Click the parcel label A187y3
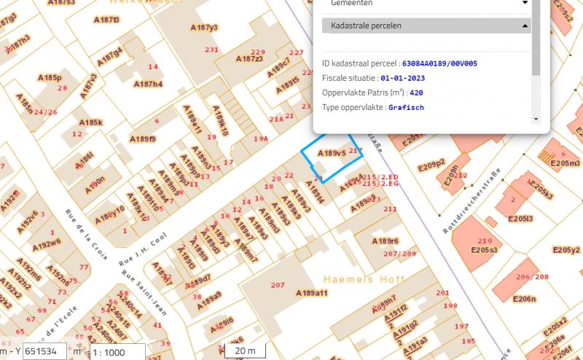pyautogui.click(x=204, y=28)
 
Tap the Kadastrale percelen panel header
pyautogui.click(x=426, y=26)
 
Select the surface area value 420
pyautogui.click(x=416, y=93)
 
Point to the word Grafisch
pyautogui.click(x=406, y=107)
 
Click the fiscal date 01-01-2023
pyautogui.click(x=402, y=78)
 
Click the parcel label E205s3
pyautogui.click(x=484, y=250)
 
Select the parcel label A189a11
pyautogui.click(x=312, y=292)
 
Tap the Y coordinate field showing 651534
pyautogui.click(x=44, y=351)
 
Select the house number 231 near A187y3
pyautogui.click(x=212, y=50)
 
